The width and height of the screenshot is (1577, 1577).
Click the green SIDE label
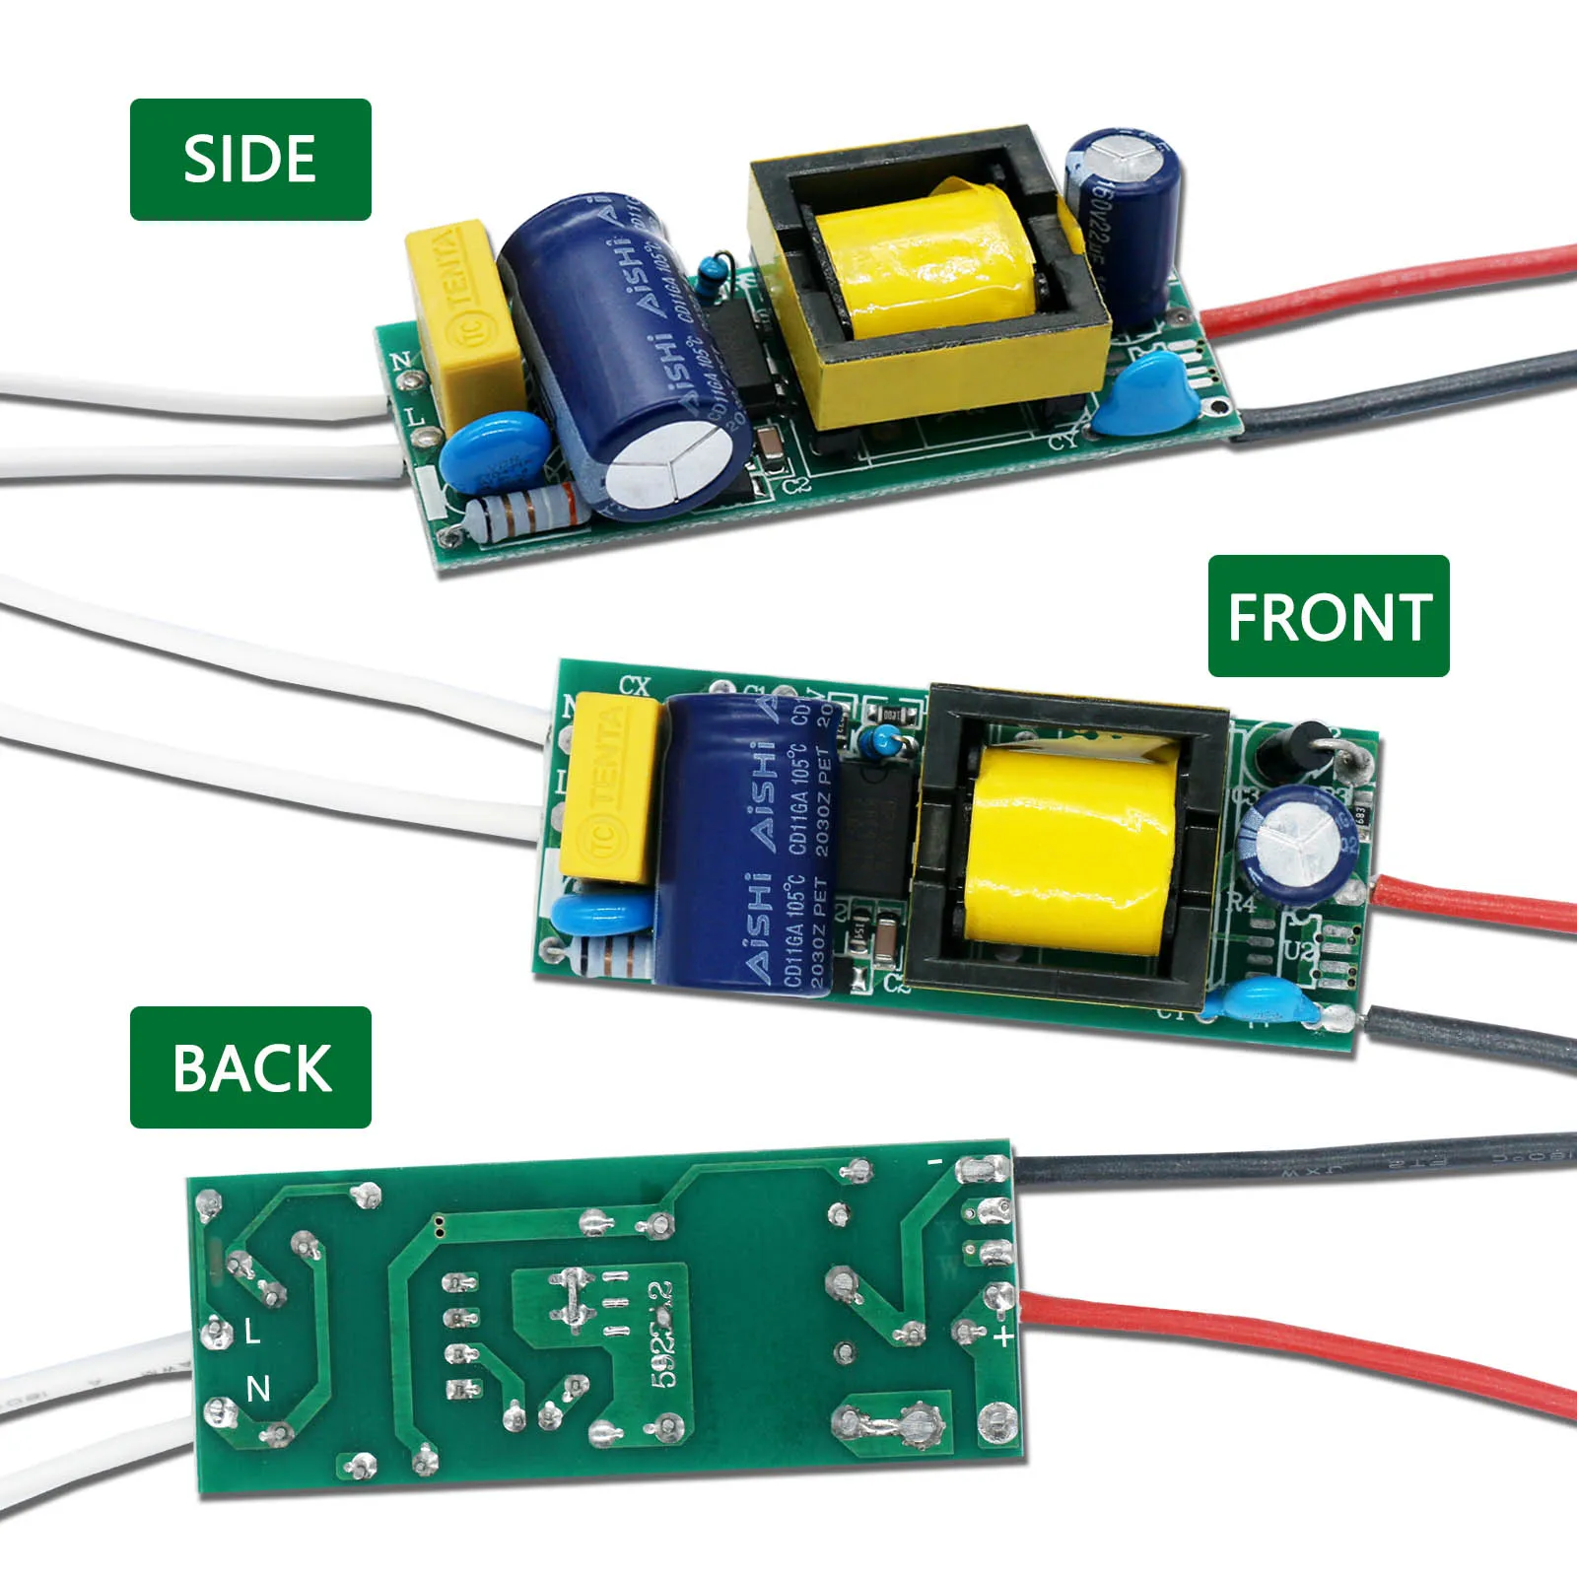click(x=250, y=159)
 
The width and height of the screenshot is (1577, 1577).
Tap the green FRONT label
click(x=1328, y=616)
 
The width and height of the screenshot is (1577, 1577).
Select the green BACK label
click(x=250, y=1067)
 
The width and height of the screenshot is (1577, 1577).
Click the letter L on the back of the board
click(x=252, y=1333)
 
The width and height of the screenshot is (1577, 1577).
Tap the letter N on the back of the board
click(x=258, y=1389)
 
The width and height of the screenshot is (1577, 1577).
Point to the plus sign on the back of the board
click(x=1003, y=1337)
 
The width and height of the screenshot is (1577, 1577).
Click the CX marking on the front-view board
click(x=635, y=685)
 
